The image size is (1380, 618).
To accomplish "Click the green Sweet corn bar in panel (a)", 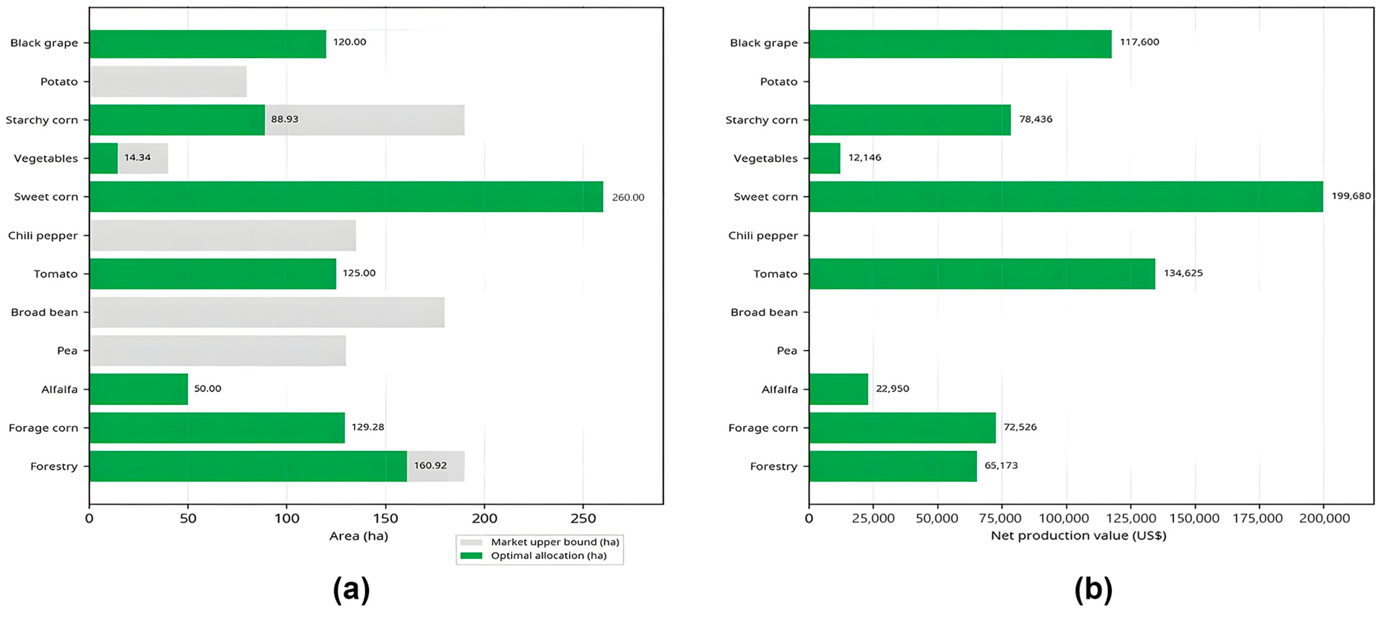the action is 346,196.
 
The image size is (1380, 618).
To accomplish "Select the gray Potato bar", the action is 168,81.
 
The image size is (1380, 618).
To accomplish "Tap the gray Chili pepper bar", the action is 223,235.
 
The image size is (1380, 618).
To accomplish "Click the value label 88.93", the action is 284,119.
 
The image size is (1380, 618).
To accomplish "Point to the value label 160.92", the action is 430,465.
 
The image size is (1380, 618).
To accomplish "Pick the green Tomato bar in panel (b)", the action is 982,274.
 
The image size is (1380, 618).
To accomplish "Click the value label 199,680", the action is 1351,196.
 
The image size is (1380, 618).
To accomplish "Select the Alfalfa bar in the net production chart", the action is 838,389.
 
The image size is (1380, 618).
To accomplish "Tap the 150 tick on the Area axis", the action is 386,518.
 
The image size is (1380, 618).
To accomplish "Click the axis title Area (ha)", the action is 358,536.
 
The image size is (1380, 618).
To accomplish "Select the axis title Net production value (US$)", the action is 1078,536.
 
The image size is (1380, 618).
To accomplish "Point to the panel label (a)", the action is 351,590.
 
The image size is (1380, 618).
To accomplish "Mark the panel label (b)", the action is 1093,590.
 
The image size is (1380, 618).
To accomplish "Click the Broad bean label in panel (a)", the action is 44,312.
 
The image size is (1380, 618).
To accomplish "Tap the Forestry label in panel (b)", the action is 774,466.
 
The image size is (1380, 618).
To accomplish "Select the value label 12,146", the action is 865,158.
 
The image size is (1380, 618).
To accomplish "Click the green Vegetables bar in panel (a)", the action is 103,158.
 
